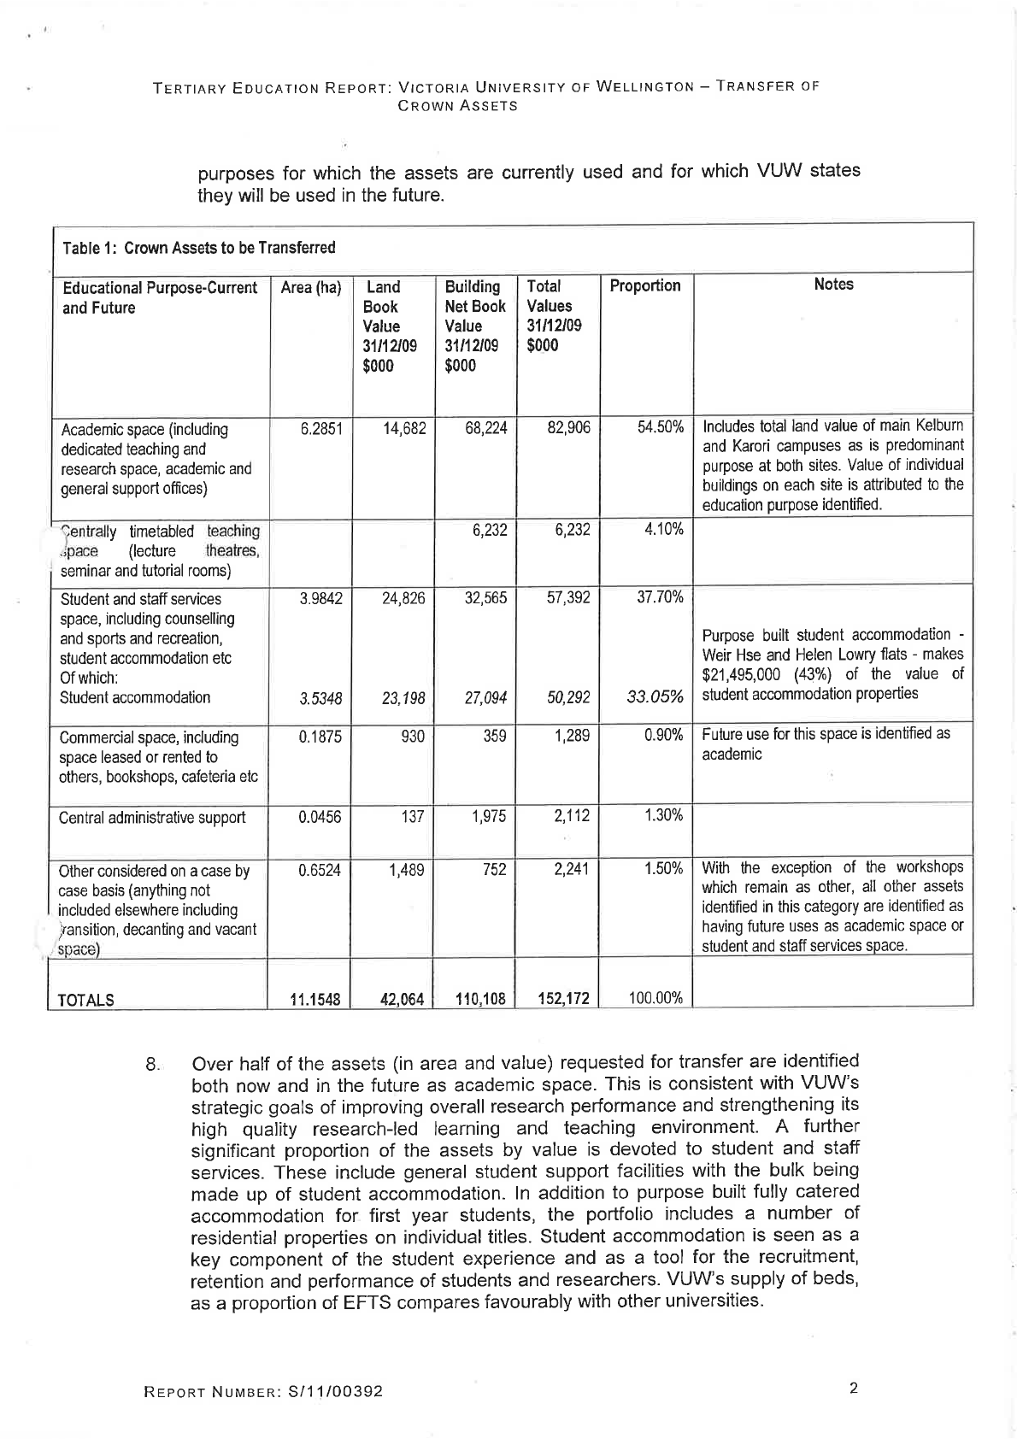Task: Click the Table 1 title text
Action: [199, 248]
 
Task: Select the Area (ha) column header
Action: [311, 287]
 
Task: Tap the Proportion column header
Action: [645, 285]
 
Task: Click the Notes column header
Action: [833, 285]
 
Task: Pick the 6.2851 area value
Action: [320, 428]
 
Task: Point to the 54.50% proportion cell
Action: [661, 427]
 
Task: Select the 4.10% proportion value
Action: [663, 529]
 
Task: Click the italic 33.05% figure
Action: [655, 698]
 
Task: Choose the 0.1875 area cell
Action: [320, 737]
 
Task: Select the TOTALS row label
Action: [86, 1000]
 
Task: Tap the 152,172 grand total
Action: [563, 998]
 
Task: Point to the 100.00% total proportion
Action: [655, 997]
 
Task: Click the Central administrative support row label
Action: [152, 818]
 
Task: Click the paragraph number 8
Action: [152, 1065]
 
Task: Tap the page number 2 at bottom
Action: [853, 1388]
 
